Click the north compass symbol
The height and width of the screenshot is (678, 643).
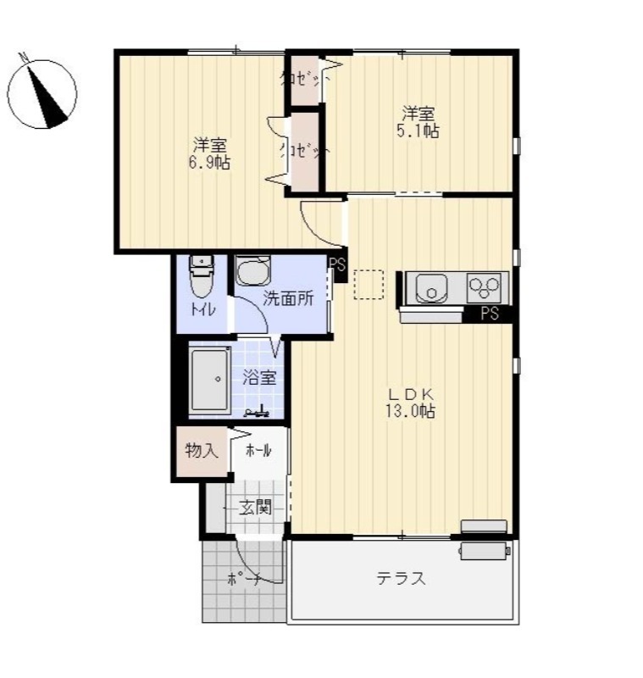point(42,93)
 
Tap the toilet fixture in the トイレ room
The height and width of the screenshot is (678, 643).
point(202,277)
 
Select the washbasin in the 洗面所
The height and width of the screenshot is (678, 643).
point(252,270)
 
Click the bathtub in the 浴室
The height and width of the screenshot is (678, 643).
point(210,380)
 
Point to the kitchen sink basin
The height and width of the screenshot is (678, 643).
point(432,288)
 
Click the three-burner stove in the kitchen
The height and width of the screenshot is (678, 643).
point(484,287)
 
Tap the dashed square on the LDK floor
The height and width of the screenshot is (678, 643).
point(369,285)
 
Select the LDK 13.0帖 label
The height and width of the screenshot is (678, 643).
point(410,403)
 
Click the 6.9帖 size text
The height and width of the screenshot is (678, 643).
point(209,163)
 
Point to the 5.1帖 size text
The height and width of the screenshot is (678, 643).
point(418,131)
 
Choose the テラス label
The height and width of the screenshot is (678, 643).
point(401,578)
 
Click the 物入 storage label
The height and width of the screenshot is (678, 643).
point(201,451)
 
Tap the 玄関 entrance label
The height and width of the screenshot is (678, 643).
point(256,507)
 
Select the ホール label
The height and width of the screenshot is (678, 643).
point(258,451)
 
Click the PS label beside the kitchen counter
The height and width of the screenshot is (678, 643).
point(490,313)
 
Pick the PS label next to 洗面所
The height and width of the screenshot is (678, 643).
point(337,264)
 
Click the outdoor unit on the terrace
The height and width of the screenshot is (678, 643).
point(485,551)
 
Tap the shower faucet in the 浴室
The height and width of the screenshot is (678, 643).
point(257,412)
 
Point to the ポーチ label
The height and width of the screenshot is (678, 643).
point(244,579)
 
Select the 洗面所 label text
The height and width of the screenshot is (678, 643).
point(288,298)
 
